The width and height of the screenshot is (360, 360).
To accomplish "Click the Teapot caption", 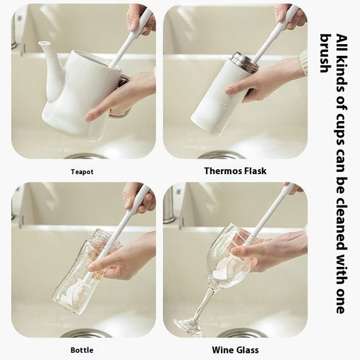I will coord(82,172).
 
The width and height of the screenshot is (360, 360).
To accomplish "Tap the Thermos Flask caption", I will coord(235,171).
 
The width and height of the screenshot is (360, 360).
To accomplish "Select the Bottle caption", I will coord(82,351).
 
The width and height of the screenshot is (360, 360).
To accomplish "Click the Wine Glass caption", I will coord(235,350).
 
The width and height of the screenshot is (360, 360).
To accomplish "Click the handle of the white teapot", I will coord(119,106).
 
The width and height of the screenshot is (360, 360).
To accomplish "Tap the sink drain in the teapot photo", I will coord(85,156).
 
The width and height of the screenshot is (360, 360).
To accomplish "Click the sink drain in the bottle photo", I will coord(86,334).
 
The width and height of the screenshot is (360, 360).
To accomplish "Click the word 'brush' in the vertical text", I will coord(325,54).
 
